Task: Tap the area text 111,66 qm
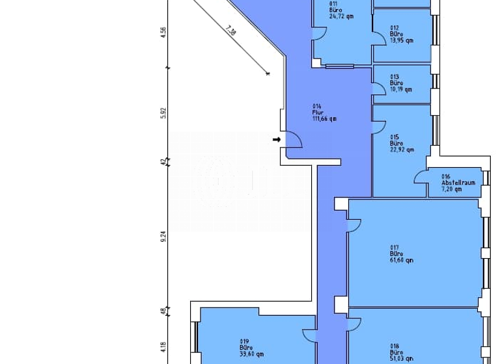pyautogui.click(x=324, y=119)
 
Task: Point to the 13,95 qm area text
pyautogui.click(x=401, y=40)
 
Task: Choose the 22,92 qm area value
pyautogui.click(x=401, y=149)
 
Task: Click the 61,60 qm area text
pyautogui.click(x=401, y=260)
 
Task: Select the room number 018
pyautogui.click(x=394, y=346)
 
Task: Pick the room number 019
pyautogui.click(x=244, y=341)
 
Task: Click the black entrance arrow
pyautogui.click(x=276, y=139)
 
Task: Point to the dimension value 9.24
pyautogui.click(x=164, y=237)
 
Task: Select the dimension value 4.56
pyautogui.click(x=164, y=32)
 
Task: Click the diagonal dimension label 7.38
pyautogui.click(x=229, y=30)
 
